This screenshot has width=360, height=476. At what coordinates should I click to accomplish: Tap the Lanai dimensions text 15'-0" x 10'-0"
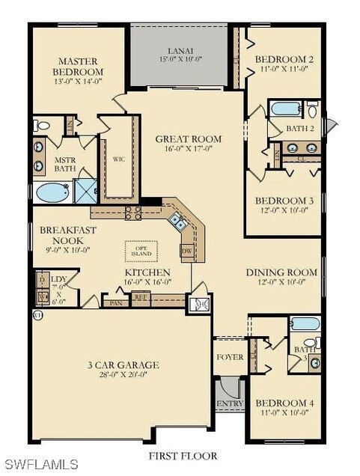click(x=179, y=58)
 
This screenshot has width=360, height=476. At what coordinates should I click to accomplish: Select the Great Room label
click(x=189, y=138)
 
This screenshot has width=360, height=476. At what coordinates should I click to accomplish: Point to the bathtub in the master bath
click(x=52, y=192)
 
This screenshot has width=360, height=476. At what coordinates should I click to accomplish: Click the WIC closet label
click(x=118, y=159)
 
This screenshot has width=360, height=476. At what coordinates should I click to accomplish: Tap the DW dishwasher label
click(x=188, y=250)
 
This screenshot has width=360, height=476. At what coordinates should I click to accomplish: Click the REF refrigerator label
click(x=141, y=297)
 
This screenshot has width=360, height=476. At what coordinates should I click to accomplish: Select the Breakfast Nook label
click(x=65, y=237)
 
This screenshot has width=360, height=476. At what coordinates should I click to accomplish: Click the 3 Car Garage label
click(x=123, y=365)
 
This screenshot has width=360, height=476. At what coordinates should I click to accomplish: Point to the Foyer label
click(x=230, y=357)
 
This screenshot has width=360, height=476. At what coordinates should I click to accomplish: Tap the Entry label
click(x=229, y=403)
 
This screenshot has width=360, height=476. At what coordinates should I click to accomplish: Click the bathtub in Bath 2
click(x=285, y=109)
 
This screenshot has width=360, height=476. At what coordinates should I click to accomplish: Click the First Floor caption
click(x=183, y=455)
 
